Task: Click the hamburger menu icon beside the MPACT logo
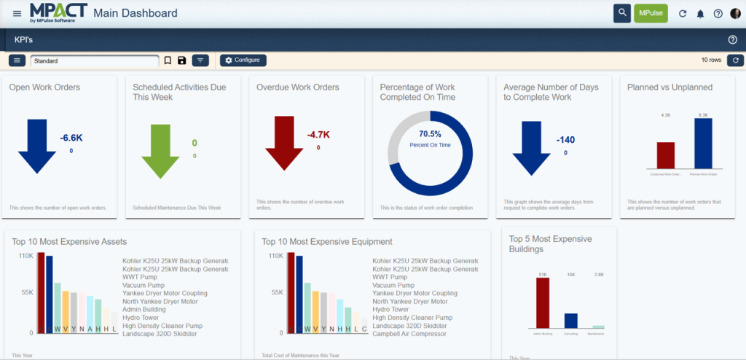tap(17, 13)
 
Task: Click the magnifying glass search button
tap(621, 13)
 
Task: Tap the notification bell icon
tap(700, 14)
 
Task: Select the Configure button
tap(243, 60)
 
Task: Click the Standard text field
tap(95, 61)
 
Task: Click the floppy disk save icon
tap(181, 60)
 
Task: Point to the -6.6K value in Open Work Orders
tap(71, 138)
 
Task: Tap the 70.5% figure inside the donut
tap(430, 134)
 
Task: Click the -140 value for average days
tap(566, 140)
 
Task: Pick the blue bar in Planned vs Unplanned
tap(703, 143)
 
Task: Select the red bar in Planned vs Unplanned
tap(666, 155)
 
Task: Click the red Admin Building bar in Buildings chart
tap(543, 302)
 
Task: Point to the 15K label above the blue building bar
tap(570, 274)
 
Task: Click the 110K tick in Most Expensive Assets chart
tap(25, 256)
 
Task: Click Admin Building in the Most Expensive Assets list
tap(144, 310)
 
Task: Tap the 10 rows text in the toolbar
tap(710, 60)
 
